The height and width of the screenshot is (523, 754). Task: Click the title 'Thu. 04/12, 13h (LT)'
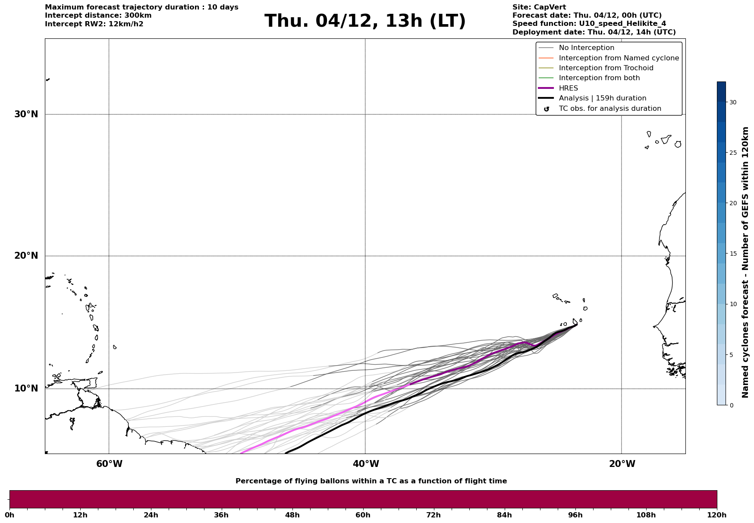(365, 21)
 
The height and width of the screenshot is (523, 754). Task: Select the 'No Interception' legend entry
(586, 48)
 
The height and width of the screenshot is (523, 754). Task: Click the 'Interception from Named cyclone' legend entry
(619, 58)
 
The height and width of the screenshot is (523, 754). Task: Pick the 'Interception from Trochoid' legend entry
(606, 68)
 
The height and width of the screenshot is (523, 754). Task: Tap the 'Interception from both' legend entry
(599, 78)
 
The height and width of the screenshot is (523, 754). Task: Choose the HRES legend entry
(568, 88)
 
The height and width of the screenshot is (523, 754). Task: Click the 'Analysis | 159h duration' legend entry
(602, 98)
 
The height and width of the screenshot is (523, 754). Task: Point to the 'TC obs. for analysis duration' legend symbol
(547, 109)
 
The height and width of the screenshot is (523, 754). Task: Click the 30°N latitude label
(26, 114)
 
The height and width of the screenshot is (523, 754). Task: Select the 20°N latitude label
(26, 256)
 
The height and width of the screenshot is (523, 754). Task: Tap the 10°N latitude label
(26, 388)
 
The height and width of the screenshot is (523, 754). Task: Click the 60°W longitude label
(109, 464)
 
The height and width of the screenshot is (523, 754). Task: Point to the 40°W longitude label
(366, 464)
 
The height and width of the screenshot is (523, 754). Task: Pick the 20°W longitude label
(622, 464)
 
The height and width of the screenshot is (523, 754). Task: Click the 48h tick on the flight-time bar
(292, 515)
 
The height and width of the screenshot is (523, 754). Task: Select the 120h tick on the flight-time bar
(717, 515)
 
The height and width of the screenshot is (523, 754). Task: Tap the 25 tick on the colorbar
(732, 153)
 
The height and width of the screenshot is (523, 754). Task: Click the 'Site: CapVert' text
(539, 7)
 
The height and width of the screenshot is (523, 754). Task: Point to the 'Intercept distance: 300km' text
(98, 16)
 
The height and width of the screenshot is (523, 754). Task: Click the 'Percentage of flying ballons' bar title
(371, 481)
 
